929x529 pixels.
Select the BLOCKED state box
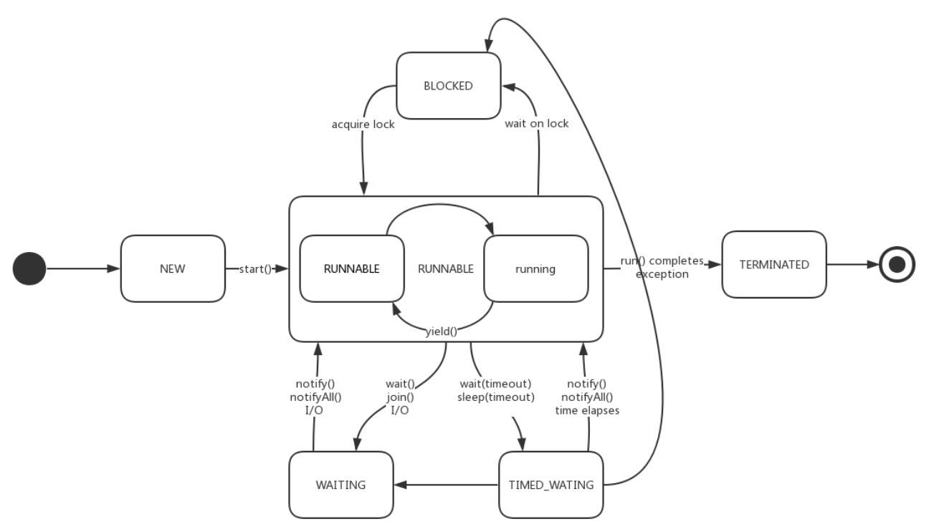pyautogui.click(x=448, y=87)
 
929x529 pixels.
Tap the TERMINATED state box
pyautogui.click(x=774, y=264)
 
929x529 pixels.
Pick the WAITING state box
pyautogui.click(x=341, y=485)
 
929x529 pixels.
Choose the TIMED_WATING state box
pyautogui.click(x=551, y=485)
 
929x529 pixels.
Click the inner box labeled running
pyautogui.click(x=535, y=269)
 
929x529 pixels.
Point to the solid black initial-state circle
pyautogui.click(x=29, y=269)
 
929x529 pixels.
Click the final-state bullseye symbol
pyautogui.click(x=897, y=264)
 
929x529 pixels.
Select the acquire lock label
pyautogui.click(x=363, y=124)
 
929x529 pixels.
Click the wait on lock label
pyautogui.click(x=538, y=124)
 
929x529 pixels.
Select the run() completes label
pyautogui.click(x=663, y=260)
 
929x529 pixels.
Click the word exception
pyautogui.click(x=663, y=273)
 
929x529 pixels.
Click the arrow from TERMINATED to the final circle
pyautogui.click(x=853, y=264)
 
